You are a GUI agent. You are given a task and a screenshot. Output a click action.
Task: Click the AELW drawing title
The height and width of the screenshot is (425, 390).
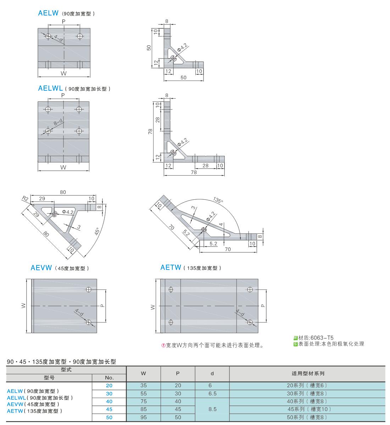click(48, 13)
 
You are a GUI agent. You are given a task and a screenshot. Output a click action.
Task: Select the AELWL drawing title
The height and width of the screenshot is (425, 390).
click(50, 88)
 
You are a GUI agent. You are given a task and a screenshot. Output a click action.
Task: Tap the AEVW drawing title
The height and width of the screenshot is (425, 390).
click(41, 268)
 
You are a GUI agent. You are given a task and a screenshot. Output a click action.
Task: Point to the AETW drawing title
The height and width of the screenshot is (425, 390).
click(171, 268)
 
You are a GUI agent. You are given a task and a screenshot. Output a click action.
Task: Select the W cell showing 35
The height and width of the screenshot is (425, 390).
click(143, 385)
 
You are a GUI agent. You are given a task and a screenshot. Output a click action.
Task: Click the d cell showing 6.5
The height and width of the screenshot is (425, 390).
click(212, 393)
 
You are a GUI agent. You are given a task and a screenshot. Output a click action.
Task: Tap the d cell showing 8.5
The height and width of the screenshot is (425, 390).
click(212, 409)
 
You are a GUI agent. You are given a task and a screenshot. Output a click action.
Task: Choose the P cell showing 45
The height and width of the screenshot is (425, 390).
click(178, 409)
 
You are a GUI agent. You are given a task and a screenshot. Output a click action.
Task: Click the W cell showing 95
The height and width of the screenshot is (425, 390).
click(143, 417)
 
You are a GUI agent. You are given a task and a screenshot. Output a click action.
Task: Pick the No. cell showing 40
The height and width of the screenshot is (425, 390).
click(109, 401)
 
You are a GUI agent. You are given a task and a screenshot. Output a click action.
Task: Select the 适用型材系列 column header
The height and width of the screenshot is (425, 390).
click(307, 373)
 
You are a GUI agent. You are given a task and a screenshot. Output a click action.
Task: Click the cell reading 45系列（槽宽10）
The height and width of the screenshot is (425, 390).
click(307, 409)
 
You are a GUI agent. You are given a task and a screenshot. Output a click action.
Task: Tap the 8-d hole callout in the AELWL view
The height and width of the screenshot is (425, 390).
click(58, 122)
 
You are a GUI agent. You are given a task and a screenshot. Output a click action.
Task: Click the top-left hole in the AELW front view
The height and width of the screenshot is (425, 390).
click(48, 36)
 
